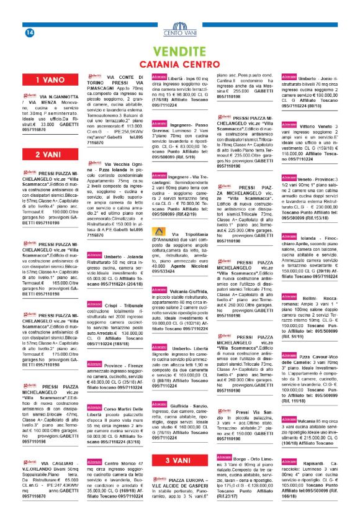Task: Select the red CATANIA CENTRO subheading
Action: (x=179, y=64)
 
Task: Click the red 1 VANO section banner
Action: (x=47, y=79)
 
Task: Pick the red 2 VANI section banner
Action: (x=47, y=154)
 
